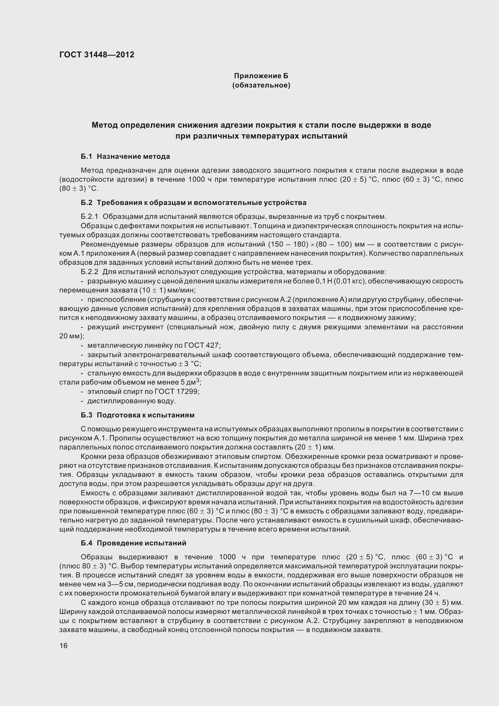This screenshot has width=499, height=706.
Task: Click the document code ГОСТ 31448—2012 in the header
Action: (97, 55)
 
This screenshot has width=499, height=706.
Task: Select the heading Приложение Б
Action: (261, 76)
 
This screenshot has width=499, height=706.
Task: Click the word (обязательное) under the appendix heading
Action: (261, 85)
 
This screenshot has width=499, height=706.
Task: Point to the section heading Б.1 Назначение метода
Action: (125, 157)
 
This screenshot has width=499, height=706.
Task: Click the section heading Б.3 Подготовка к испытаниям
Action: (137, 415)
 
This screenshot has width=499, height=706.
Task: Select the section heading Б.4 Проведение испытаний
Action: (133, 543)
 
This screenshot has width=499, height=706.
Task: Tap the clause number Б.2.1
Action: (89, 217)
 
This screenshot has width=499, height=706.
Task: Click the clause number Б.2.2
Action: (89, 272)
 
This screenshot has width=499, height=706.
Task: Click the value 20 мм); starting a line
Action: (71, 336)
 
